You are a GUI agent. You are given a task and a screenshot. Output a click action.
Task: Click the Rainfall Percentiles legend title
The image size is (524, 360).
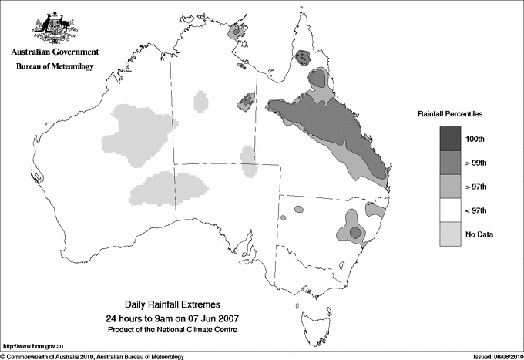point(450,113)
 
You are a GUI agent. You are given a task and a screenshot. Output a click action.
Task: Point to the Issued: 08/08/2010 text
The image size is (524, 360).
point(493,355)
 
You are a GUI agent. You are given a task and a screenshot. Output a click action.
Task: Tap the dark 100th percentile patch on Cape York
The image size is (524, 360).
point(304,56)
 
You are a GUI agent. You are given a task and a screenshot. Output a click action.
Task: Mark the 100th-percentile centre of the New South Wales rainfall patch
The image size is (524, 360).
point(354,231)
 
